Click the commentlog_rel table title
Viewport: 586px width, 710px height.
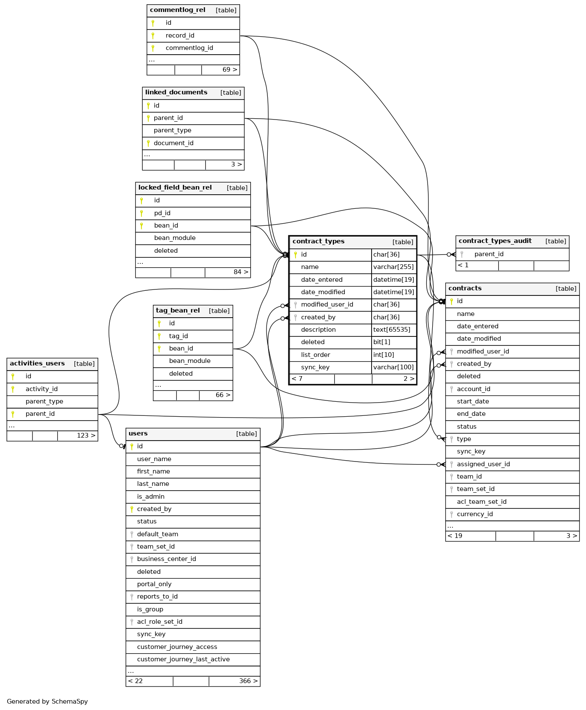tap(178, 10)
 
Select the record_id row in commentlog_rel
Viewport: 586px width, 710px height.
tap(180, 35)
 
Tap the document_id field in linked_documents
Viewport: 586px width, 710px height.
tap(173, 143)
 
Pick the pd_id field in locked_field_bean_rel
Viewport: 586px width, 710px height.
tap(162, 213)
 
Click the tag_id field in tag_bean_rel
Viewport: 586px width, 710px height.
tap(178, 336)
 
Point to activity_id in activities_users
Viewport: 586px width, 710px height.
tap(41, 389)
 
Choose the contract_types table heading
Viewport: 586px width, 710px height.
tap(319, 241)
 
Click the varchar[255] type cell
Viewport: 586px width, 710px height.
tap(393, 267)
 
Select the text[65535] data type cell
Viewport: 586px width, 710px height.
tap(392, 330)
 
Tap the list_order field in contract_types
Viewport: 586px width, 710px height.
tap(315, 355)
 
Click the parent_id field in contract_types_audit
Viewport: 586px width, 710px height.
tap(489, 254)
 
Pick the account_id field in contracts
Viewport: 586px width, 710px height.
tap(473, 389)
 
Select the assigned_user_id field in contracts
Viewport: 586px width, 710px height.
tap(483, 464)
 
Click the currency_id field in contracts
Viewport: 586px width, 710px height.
tap(475, 514)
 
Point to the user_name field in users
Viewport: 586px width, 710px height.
tap(154, 459)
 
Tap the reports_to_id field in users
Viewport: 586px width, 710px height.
tap(157, 596)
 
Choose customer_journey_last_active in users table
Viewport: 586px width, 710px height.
tap(183, 659)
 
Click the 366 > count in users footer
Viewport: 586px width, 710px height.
tap(248, 681)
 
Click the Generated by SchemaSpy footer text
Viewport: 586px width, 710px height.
tap(47, 701)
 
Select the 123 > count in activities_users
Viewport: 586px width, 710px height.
tap(86, 435)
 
